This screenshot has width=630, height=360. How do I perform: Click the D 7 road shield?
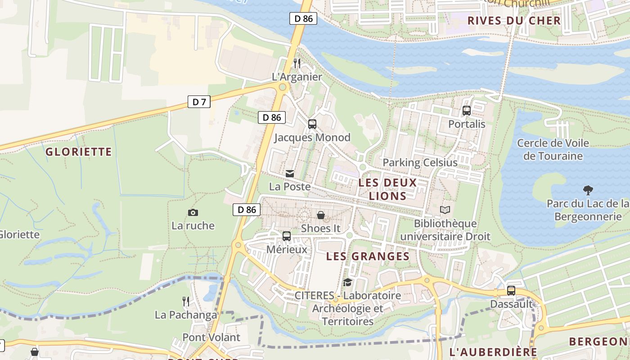point(199,102)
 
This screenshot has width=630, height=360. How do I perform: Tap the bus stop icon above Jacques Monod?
point(312,124)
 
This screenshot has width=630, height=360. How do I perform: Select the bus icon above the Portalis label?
point(467,111)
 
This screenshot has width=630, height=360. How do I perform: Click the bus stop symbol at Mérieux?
point(286,236)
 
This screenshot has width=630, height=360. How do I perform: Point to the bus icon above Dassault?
point(511,291)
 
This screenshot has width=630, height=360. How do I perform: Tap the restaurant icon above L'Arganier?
point(297,63)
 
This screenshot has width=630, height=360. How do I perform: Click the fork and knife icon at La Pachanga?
point(185,301)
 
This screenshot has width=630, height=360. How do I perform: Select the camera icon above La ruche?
point(193,212)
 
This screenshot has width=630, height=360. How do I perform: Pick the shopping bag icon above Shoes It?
point(320,215)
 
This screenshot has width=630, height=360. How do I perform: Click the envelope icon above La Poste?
point(290,173)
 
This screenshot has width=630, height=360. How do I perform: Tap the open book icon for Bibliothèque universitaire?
point(445,210)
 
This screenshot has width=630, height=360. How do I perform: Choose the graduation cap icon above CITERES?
point(347,282)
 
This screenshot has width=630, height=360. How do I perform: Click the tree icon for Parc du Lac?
point(588,190)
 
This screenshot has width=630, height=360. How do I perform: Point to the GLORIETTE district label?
point(78,152)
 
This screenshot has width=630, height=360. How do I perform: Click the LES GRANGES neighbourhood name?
point(368,256)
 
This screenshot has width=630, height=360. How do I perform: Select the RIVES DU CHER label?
point(514,20)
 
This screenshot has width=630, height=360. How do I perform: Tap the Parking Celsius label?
point(419,162)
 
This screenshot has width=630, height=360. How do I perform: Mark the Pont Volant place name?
point(211,337)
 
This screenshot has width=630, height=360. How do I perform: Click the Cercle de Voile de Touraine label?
point(553,150)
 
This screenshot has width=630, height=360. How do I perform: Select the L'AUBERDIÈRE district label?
point(493,352)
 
